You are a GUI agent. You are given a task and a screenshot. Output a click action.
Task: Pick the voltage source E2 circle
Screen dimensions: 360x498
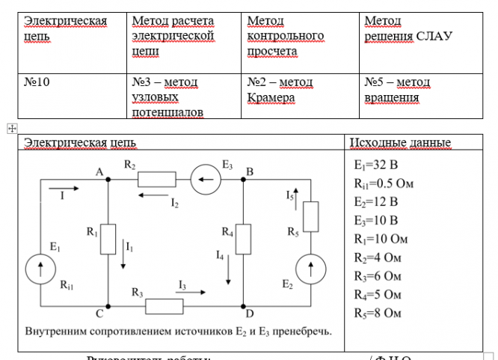(309, 268)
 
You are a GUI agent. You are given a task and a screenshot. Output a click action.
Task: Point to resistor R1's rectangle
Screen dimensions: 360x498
(109, 240)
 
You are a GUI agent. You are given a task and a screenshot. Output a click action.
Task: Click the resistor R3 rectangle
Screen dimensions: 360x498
(164, 305)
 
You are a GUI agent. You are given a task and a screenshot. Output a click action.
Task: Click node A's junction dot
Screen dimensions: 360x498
(109, 179)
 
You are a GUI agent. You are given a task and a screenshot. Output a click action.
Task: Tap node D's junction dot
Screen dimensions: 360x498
(245, 305)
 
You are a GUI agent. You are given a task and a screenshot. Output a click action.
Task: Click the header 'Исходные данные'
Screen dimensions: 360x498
(400, 143)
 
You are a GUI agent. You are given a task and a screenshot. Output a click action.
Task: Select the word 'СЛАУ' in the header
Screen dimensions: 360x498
(434, 36)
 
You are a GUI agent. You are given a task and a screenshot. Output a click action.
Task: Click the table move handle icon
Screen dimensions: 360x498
(11, 129)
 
